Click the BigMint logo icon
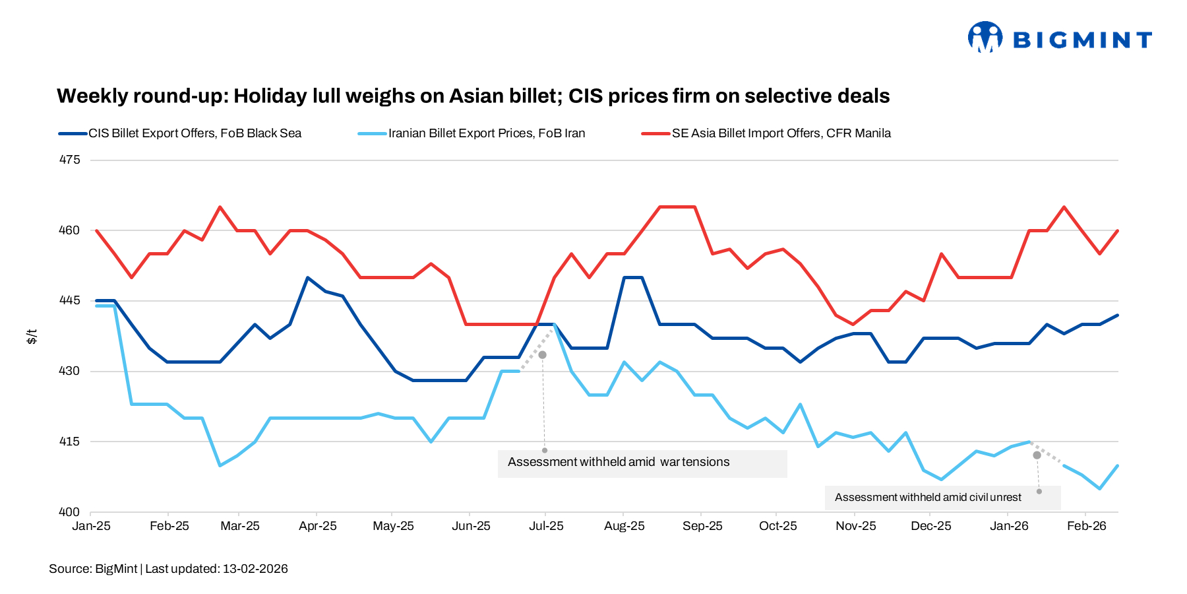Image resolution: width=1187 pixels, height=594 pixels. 985,37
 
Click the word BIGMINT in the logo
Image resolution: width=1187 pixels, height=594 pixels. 1082,40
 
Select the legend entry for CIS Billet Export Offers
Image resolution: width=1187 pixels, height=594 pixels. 195,133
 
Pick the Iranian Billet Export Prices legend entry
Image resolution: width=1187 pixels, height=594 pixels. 486,133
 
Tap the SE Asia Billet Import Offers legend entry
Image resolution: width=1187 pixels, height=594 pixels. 781,133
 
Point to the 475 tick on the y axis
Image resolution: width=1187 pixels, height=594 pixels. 69,160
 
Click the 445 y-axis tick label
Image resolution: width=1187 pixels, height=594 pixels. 69,300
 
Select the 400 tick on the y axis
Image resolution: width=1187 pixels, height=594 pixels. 69,511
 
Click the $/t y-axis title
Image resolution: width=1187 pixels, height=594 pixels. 32,337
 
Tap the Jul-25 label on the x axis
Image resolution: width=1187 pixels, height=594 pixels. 546,526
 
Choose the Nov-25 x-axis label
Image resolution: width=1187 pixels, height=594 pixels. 855,526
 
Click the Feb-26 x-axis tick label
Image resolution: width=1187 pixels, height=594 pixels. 1086,526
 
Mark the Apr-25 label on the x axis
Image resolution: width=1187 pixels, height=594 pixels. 317,526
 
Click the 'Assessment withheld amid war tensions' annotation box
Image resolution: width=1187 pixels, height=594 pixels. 642,463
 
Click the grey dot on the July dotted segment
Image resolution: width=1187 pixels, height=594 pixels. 542,355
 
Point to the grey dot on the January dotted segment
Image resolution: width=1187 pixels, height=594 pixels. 1037,455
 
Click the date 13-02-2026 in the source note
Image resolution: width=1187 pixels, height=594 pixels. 255,569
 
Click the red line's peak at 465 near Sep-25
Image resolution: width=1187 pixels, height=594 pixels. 677,207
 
